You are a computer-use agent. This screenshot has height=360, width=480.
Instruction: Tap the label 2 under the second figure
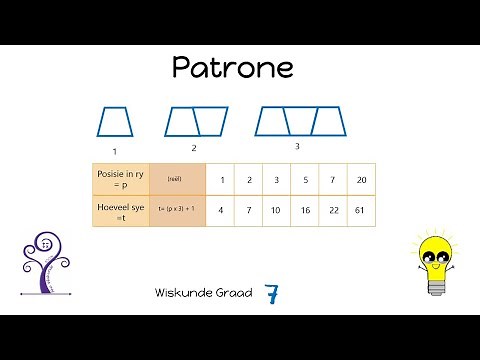[x=193, y=148]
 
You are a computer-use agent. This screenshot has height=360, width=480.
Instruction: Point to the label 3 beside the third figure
[x=297, y=146]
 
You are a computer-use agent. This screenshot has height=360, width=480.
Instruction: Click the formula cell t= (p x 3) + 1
[x=177, y=210]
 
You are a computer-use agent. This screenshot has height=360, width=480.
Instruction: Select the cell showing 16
[x=305, y=210]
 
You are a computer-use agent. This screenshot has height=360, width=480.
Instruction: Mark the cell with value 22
[x=332, y=210]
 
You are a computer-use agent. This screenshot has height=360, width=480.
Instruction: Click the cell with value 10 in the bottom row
[x=277, y=210]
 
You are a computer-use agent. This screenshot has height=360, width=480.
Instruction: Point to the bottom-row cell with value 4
[x=220, y=210]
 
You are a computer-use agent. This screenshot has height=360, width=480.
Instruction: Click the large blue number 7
[x=272, y=294]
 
